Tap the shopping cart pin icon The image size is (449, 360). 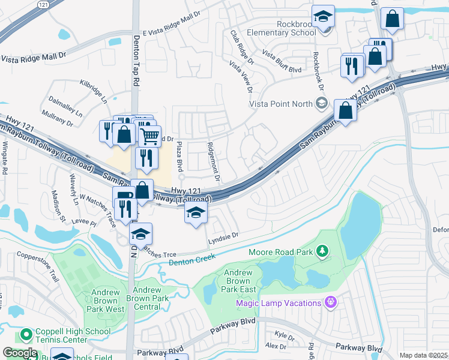(149, 135)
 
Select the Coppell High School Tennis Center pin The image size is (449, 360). (25, 334)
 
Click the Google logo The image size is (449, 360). (19, 353)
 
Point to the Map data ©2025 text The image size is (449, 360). (423, 355)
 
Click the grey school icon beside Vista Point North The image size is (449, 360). (321, 103)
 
